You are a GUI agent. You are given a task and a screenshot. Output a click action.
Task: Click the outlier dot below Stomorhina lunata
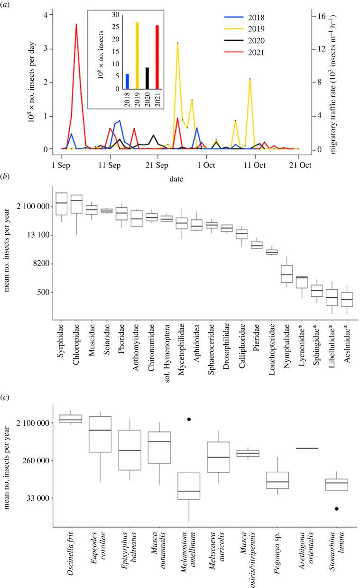(x=337, y=509)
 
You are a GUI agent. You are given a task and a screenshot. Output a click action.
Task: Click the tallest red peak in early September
(x=76, y=24)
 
